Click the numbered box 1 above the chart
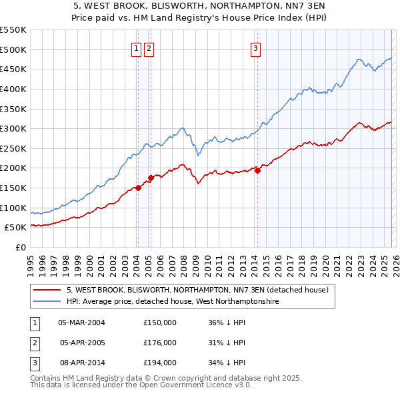[x=136, y=48]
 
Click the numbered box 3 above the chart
[x=256, y=48]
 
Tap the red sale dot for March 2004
[x=138, y=188]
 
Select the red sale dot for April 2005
[x=151, y=178]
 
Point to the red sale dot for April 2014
[x=257, y=170]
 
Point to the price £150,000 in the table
[x=160, y=323]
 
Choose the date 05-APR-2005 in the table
[x=83, y=343]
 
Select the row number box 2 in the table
[x=33, y=343]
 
